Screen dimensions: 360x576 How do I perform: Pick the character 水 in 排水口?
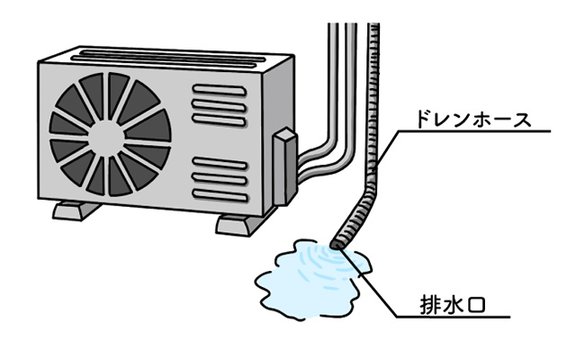click(x=455, y=306)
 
